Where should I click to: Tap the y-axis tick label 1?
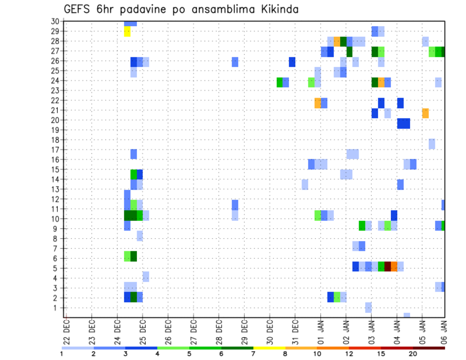(57, 308)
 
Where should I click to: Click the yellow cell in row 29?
(127, 31)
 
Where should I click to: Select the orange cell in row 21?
(425, 113)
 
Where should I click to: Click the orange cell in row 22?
(317, 103)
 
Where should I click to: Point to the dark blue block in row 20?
(403, 123)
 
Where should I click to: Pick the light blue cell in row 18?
(432, 144)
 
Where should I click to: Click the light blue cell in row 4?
(146, 277)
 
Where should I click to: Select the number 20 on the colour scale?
(413, 354)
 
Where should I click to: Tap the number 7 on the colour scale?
(253, 354)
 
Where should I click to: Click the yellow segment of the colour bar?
(269, 348)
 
